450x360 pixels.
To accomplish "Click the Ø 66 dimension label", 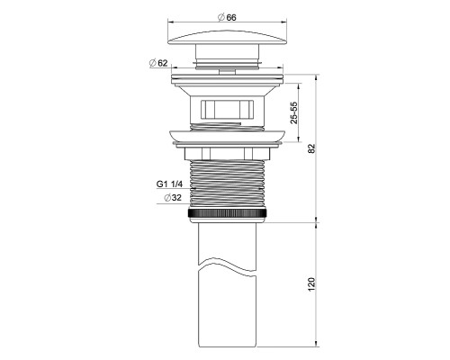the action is tap(227, 17).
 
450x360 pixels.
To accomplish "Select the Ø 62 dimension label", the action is tap(158, 63).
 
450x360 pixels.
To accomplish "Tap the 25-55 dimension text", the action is tap(294, 112).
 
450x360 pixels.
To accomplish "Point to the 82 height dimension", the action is tap(312, 148).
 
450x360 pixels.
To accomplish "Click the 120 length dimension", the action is tap(311, 283).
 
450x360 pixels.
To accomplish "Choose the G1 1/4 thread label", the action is tap(169, 184).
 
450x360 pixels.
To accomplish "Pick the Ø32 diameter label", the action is tap(173, 198).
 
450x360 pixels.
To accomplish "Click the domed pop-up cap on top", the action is tap(227, 37).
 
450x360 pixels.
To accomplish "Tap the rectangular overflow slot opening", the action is tap(228, 109).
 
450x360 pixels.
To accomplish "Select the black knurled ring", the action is tap(227, 213).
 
